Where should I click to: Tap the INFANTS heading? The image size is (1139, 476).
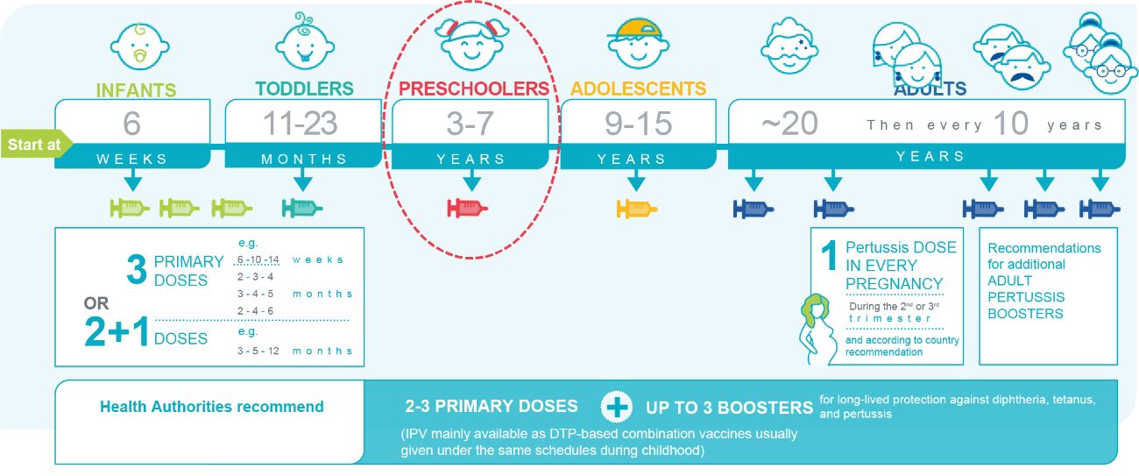coord(137,90)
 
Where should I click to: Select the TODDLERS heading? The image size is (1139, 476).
coord(305,89)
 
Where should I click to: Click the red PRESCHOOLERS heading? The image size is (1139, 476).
coord(474,89)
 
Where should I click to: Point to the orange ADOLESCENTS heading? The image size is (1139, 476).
coord(638,89)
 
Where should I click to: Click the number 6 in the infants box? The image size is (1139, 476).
coord(131,123)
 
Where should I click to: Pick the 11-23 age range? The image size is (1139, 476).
coord(300,123)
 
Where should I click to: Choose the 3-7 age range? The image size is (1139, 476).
coord(470,123)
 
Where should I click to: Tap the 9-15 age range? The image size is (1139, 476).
coord(638,123)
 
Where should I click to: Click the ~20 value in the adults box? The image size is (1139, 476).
coord(789,123)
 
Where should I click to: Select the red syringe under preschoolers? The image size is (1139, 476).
coord(467,208)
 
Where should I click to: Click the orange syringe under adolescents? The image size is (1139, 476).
coord(637,209)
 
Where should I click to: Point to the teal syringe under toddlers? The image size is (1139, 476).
coord(302,208)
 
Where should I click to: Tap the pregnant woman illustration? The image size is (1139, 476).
coord(817,329)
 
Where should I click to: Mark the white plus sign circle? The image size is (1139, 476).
coord(616,408)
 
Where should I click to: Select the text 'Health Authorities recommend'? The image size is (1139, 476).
coord(211,407)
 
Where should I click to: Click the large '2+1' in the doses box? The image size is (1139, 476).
coord(117,332)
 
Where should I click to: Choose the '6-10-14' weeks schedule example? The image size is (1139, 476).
coord(258,259)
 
